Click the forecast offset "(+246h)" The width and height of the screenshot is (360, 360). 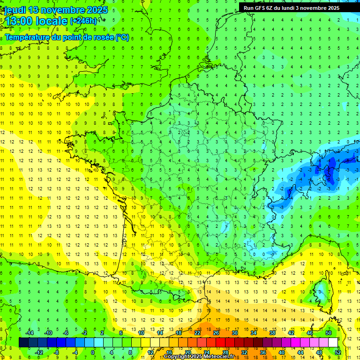(x=83, y=21)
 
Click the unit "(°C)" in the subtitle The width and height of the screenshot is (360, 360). (x=122, y=37)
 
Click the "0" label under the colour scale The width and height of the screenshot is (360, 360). (x=93, y=352)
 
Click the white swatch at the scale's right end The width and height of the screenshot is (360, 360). (x=333, y=343)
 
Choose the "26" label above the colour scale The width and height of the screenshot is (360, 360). (x=216, y=333)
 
